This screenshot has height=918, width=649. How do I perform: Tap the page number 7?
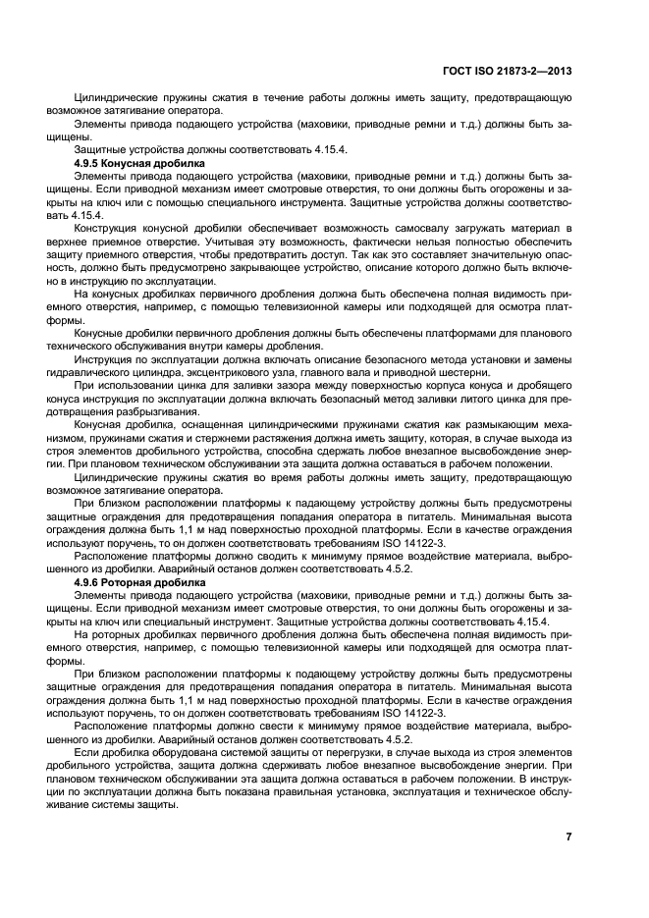569,837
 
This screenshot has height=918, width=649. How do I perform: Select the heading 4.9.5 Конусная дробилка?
139,161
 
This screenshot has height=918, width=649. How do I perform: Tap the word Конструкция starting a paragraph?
106,225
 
